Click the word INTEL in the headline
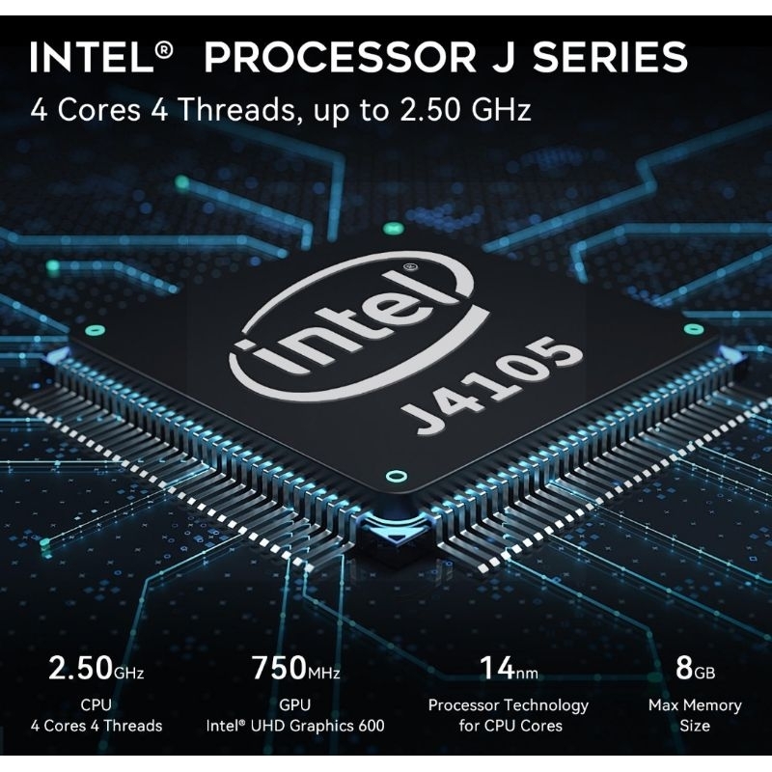click(x=91, y=57)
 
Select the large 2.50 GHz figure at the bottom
click(x=96, y=668)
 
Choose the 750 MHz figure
click(x=294, y=668)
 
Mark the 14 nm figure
click(x=509, y=668)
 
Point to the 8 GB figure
click(x=695, y=668)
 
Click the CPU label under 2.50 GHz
click(x=96, y=705)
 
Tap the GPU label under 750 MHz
click(x=294, y=705)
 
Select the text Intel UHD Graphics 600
click(x=294, y=726)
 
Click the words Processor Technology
click(x=509, y=705)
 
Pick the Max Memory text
click(x=695, y=705)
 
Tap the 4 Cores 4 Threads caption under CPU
click(x=96, y=726)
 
